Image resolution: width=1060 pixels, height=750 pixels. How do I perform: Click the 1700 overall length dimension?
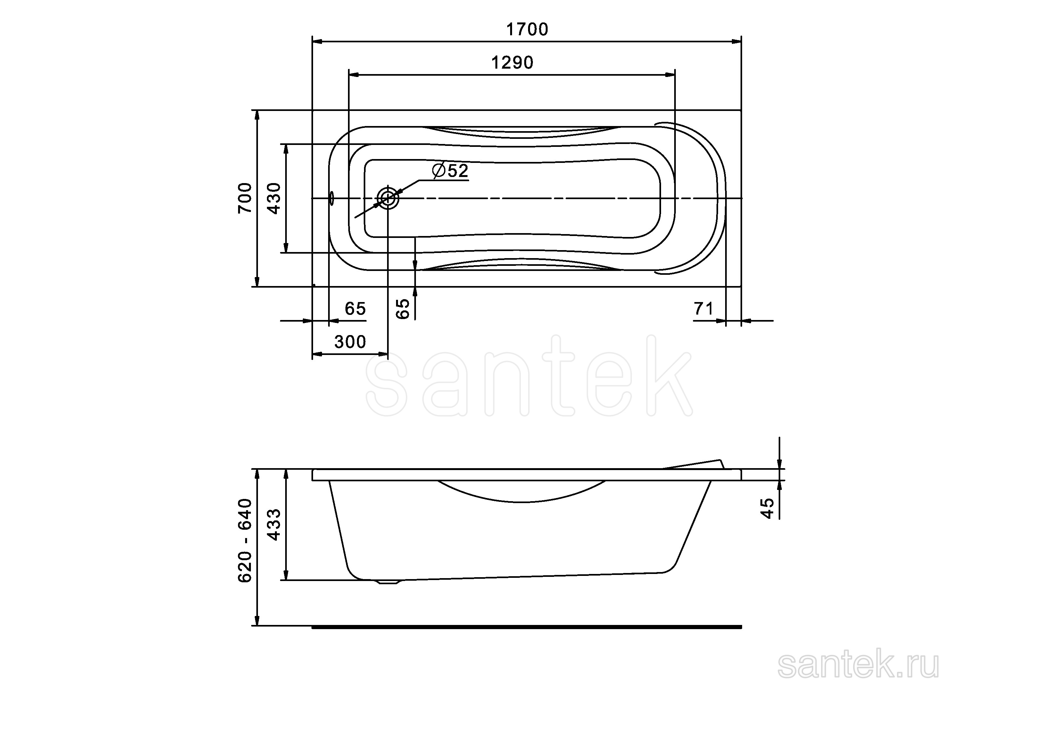click(x=527, y=29)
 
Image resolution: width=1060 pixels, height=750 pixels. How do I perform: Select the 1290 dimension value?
click(x=512, y=63)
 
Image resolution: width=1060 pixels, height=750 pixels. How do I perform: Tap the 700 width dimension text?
click(x=245, y=198)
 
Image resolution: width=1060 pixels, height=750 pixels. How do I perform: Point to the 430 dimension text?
click(x=274, y=198)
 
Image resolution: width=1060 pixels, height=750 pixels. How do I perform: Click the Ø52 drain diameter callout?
click(x=450, y=171)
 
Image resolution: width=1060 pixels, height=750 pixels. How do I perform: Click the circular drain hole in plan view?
click(x=388, y=198)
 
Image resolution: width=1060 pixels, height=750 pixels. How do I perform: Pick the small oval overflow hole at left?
click(x=331, y=198)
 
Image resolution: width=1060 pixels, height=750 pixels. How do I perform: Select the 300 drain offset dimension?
click(x=350, y=342)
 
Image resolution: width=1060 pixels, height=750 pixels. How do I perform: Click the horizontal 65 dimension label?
click(x=355, y=309)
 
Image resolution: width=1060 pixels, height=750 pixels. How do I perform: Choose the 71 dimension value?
click(x=704, y=309)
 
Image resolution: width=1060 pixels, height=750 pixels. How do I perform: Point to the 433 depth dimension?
click(x=274, y=525)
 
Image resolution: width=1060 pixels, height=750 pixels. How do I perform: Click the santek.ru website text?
click(x=858, y=666)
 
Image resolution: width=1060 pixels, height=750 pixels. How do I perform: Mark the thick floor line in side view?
click(x=526, y=627)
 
